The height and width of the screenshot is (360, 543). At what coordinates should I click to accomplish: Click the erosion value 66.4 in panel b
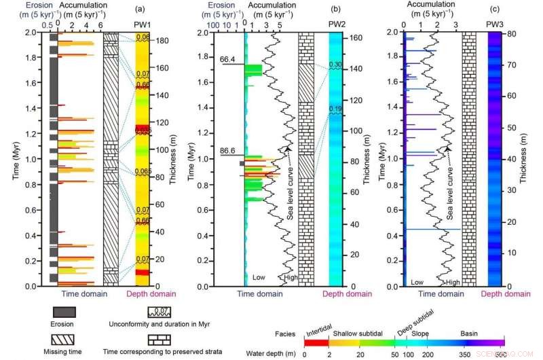point(227,60)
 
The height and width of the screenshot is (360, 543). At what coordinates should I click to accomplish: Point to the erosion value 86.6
point(227,149)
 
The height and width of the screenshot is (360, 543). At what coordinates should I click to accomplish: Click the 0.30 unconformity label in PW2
point(336,65)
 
